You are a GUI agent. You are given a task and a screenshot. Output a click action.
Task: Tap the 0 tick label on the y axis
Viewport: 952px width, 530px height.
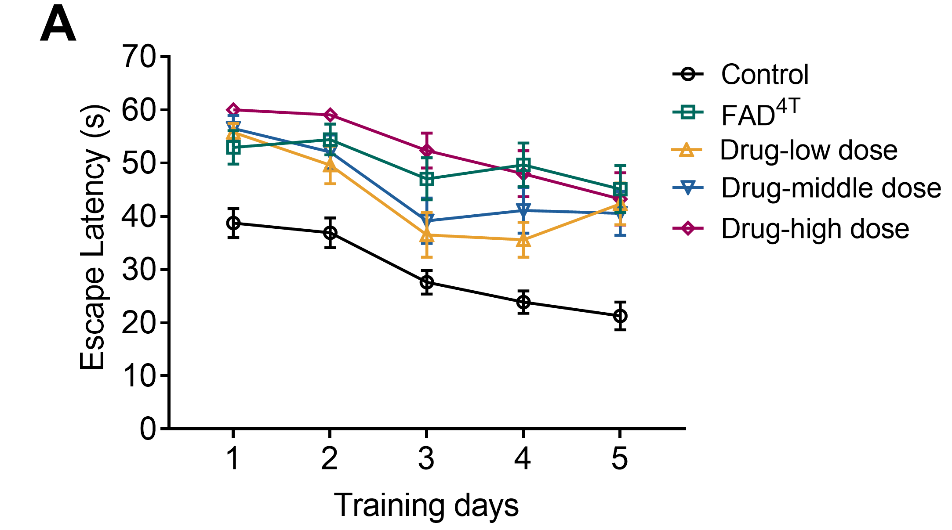(x=148, y=429)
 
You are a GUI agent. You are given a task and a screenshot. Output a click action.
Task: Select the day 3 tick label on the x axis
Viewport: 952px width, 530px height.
(x=426, y=459)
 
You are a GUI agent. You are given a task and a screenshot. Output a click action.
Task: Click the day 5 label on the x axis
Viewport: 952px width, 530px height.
(x=620, y=459)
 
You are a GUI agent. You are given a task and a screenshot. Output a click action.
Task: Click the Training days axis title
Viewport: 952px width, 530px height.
(x=426, y=505)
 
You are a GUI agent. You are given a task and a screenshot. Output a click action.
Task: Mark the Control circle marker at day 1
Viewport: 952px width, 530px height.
(x=233, y=223)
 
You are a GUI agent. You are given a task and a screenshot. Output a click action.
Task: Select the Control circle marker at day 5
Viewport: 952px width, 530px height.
(x=620, y=316)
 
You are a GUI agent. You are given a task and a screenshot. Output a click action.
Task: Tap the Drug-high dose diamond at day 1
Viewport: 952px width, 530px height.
(x=233, y=110)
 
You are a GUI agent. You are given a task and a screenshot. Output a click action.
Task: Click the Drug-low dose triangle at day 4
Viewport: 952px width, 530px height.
(x=523, y=240)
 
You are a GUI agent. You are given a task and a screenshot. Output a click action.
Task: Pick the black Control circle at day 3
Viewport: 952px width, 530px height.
(x=426, y=282)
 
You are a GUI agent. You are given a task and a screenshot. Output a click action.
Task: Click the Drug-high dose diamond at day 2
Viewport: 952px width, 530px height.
(x=330, y=115)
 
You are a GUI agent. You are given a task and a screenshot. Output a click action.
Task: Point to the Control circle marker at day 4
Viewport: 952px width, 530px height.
(x=523, y=302)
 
